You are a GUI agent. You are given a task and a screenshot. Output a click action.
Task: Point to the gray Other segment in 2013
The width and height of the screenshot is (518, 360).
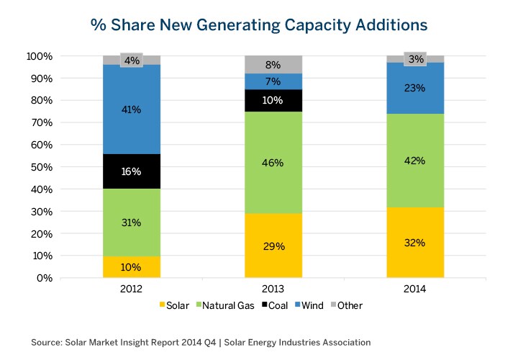[x=273, y=64]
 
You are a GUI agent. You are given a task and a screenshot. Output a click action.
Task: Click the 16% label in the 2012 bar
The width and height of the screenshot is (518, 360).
[x=131, y=172]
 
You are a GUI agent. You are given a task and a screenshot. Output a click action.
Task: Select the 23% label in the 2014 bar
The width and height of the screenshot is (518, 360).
[x=414, y=88]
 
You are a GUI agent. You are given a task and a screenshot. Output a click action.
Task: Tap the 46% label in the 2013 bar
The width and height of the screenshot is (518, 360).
[x=273, y=163]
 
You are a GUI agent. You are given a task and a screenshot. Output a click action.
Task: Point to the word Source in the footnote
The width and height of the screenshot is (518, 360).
[x=47, y=342]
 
